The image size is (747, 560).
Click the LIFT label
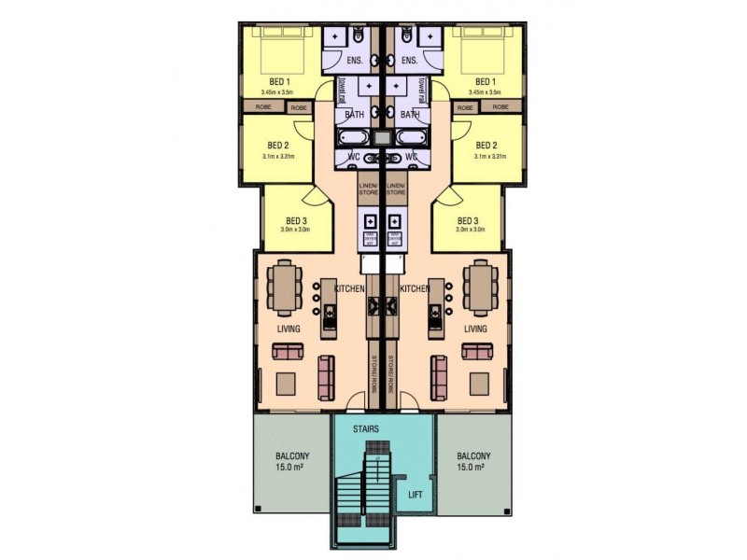tap(416, 496)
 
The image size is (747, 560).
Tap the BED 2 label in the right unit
tap(486, 146)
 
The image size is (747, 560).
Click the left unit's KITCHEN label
tap(348, 289)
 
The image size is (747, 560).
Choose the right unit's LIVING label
tap(476, 329)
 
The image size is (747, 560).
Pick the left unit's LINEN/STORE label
tap(368, 189)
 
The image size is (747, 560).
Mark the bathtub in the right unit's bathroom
tap(410, 138)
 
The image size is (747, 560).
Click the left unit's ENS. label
tap(354, 61)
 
